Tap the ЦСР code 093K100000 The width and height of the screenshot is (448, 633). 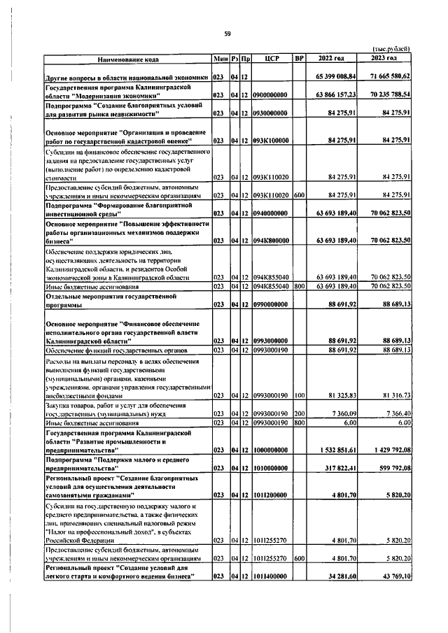tap(271, 140)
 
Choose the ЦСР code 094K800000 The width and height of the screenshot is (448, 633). tap(271, 240)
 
